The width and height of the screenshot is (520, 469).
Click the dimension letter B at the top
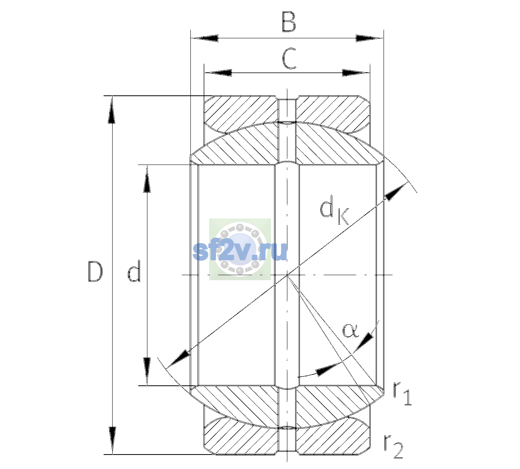click(x=289, y=22)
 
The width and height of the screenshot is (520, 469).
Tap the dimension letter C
click(x=289, y=59)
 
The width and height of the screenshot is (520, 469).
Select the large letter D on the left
click(x=95, y=272)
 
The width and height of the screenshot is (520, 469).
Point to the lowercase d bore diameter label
click(x=134, y=271)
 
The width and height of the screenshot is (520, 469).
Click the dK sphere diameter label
click(x=334, y=209)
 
